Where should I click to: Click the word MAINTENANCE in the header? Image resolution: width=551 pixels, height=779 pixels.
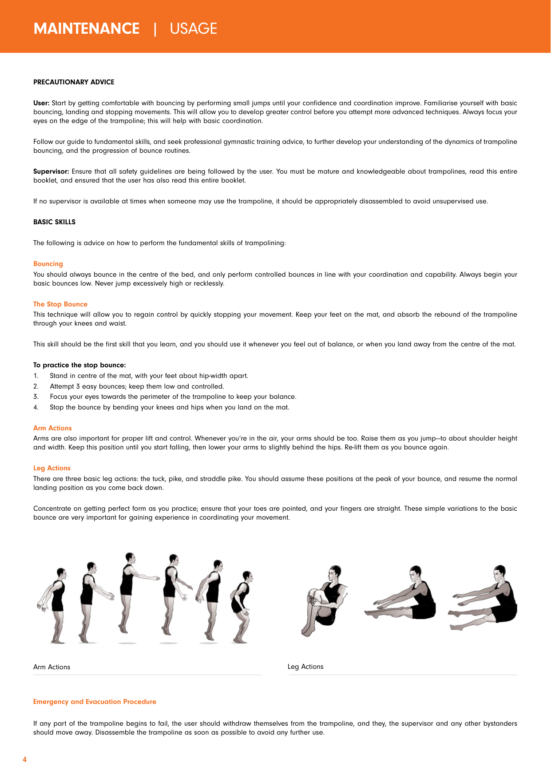[x=87, y=29]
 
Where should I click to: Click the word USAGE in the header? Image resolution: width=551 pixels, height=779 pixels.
[x=193, y=29]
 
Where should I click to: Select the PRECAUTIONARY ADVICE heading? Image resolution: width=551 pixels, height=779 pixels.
[x=74, y=82]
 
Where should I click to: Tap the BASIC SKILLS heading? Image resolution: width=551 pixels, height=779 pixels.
[x=54, y=222]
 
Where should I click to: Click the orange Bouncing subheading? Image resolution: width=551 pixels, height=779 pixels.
[x=48, y=264]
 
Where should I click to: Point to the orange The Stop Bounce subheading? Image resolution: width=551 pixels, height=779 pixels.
[x=60, y=304]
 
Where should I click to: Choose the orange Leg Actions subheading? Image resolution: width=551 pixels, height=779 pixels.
[x=52, y=468]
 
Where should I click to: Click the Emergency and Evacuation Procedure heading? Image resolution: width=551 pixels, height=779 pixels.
[x=95, y=702]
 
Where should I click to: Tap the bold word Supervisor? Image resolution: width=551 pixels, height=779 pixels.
[x=51, y=171]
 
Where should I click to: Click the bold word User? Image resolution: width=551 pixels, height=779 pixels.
[x=41, y=103]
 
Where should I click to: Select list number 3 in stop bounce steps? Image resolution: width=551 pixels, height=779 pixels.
[x=36, y=397]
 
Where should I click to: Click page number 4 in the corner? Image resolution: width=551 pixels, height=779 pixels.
[x=24, y=759]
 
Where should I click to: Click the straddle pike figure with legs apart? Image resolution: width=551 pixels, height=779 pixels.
[x=484, y=600]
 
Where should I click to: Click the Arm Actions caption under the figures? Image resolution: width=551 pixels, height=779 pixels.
[x=52, y=667]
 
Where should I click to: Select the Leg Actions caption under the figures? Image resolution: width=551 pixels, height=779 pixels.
[x=305, y=667]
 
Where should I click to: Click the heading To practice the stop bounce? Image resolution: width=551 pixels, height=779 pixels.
[x=79, y=365]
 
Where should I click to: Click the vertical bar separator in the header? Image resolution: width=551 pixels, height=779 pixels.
[x=155, y=29]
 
